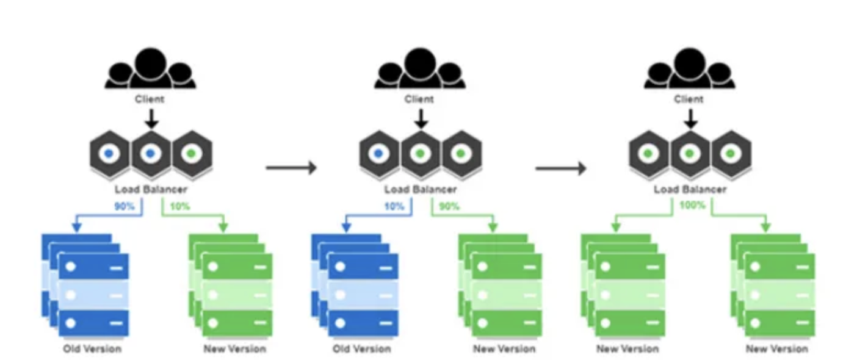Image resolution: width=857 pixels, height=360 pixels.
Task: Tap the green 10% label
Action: point(180,206)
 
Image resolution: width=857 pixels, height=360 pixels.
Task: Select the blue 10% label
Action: point(394,206)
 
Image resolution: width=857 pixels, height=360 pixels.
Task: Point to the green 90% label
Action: point(450,206)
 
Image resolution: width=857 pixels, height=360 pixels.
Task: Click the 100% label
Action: point(692,206)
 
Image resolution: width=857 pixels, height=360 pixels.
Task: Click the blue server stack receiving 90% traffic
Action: point(85,284)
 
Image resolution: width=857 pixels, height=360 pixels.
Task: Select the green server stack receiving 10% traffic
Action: point(231,284)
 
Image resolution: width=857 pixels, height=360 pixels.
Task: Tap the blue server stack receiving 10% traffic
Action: point(355,284)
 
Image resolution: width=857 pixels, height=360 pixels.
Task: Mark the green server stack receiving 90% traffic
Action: point(501,284)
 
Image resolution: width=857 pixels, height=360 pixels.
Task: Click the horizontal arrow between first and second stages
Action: point(291,167)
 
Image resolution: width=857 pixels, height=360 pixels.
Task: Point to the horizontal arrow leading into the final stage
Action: point(560,167)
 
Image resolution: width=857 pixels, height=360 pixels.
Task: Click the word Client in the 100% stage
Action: point(689,99)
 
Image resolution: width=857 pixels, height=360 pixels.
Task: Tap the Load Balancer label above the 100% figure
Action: point(690,190)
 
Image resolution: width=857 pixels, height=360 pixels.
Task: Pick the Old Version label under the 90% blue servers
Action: point(92,349)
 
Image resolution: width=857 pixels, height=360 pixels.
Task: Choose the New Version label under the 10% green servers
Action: point(234,349)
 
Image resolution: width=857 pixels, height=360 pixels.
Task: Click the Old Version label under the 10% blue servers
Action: point(361,349)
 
